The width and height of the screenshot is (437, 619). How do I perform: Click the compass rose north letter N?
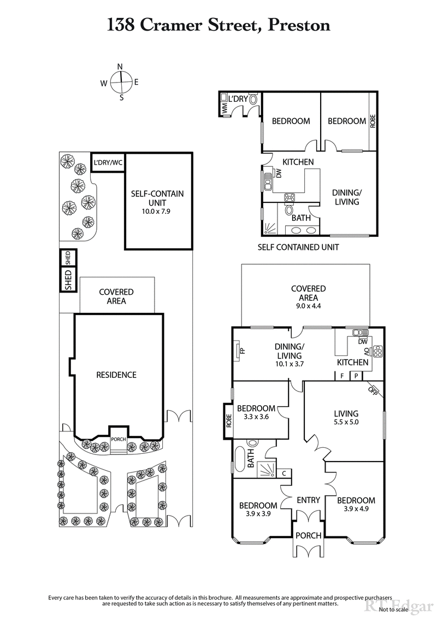(120, 67)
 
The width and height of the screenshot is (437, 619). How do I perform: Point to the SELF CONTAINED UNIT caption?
(298, 247)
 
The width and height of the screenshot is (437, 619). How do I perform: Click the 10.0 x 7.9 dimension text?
(157, 210)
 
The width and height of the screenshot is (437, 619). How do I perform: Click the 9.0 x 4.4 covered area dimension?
(309, 306)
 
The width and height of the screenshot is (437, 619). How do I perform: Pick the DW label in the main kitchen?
(363, 342)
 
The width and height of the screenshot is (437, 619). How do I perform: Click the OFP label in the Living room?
(373, 389)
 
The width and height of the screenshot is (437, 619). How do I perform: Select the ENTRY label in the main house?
(308, 500)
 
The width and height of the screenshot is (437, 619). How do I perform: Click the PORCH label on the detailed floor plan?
(308, 535)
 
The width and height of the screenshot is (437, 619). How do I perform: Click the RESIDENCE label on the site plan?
(116, 375)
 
